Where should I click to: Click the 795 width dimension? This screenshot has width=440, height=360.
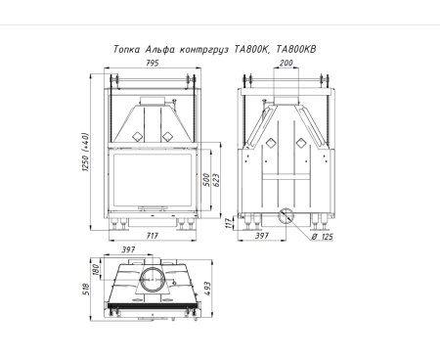(152, 63)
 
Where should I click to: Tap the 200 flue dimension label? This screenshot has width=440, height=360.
(286, 63)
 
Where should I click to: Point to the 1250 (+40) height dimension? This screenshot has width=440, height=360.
(85, 152)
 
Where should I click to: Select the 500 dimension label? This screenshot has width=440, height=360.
(206, 180)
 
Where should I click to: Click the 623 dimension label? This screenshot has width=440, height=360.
(216, 180)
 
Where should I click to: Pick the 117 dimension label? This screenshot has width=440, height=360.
(229, 223)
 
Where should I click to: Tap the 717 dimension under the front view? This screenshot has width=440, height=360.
(153, 235)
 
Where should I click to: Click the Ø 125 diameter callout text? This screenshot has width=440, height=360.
(322, 237)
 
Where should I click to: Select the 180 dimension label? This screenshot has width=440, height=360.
(96, 270)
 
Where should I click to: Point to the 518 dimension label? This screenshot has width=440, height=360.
(86, 289)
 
